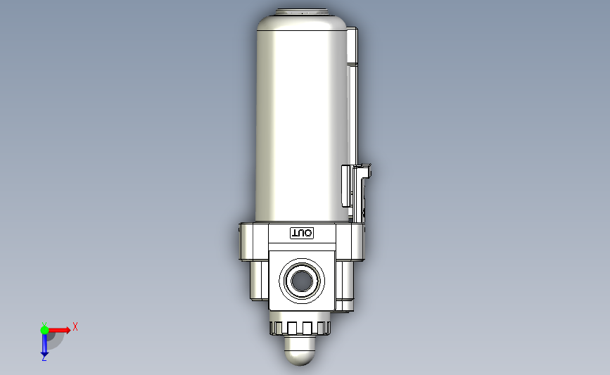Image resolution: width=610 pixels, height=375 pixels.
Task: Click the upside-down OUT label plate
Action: pos(302,234)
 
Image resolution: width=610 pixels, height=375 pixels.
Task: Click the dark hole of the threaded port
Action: pos(302,281)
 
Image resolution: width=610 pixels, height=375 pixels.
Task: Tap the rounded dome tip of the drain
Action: pos(300,351)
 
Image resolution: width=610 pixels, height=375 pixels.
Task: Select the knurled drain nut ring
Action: pos(300,328)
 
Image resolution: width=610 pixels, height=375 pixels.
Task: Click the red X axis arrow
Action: pos(58,330)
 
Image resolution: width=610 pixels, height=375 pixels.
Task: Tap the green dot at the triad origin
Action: pos(44,330)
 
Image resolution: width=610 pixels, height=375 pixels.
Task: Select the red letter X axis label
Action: pos(75,326)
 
